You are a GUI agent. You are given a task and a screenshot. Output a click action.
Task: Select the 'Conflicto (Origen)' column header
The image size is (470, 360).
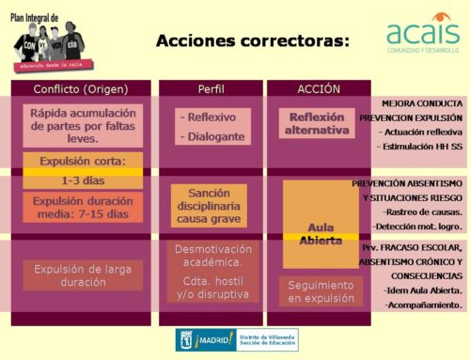(83, 88)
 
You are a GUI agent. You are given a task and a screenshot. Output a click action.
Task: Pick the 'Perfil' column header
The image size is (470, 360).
(211, 88)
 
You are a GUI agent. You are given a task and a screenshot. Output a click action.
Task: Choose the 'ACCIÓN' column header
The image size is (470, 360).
(319, 88)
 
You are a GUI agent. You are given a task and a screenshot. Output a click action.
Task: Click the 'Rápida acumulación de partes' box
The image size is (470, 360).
(83, 125)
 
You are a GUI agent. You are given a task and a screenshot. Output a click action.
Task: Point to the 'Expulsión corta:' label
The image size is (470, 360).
(83, 161)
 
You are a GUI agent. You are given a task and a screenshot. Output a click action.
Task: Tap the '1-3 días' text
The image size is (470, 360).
(83, 179)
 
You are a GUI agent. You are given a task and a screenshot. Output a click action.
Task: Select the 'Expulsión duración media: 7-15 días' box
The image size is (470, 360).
(83, 207)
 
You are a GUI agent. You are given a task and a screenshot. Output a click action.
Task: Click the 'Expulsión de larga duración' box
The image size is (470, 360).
(83, 275)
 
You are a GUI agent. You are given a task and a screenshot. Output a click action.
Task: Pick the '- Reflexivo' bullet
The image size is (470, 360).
(211, 117)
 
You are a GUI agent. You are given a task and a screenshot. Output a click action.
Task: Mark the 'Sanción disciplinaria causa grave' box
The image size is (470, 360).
(210, 205)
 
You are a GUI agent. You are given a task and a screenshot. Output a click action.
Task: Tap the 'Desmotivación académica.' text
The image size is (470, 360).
(212, 257)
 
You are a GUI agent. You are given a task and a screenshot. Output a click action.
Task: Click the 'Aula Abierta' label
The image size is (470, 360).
(320, 233)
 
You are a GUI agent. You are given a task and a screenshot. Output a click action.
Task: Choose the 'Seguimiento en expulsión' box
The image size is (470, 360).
(321, 290)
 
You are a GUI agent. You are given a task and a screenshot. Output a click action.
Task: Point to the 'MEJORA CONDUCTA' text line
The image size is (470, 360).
(422, 102)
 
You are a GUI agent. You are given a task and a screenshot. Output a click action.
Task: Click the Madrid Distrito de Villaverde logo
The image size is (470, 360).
(237, 340)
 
